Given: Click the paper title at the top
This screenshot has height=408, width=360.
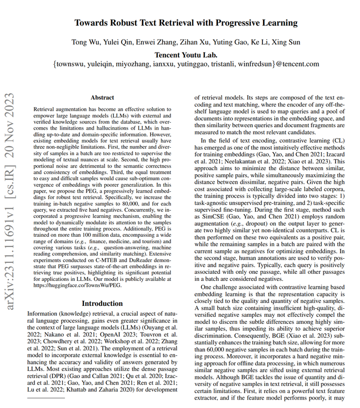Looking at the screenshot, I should [185, 23].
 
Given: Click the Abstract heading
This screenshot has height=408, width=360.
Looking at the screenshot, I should [102, 98].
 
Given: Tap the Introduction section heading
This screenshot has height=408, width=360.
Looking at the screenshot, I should [102, 303].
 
